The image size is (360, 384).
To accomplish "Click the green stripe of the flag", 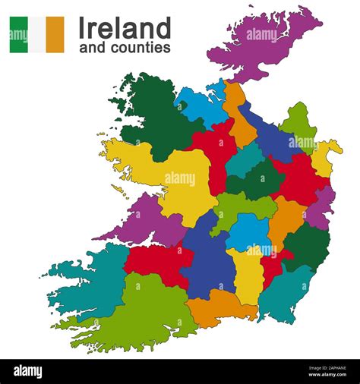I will click(x=18, y=35).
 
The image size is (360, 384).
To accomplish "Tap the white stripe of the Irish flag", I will click(x=36, y=35).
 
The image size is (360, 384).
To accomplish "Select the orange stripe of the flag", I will click(x=55, y=35).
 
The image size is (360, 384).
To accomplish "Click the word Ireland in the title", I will click(x=125, y=29).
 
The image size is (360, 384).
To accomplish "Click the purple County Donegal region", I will click(x=262, y=42).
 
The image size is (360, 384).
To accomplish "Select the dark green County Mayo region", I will click(x=148, y=114).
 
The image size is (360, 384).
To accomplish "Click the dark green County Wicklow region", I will click(x=308, y=247).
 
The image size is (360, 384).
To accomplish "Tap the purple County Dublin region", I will click(x=323, y=205).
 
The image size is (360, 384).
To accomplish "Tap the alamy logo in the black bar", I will click(x=29, y=370).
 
